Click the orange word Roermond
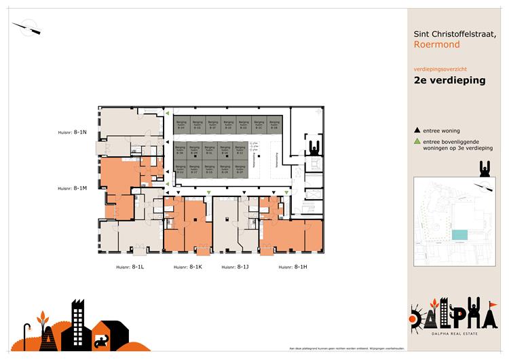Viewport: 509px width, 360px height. point(436,45)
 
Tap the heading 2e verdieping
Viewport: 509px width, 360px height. point(449,80)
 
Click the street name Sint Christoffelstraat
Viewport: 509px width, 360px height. point(459,33)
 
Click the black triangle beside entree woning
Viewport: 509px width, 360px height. point(417,130)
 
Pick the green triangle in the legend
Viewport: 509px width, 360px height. point(417,141)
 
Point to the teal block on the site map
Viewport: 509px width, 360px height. point(459,234)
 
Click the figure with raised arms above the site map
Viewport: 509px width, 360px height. point(484,168)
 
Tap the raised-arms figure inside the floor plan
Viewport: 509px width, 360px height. point(314,147)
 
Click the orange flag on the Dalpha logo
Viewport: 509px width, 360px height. point(493,304)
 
